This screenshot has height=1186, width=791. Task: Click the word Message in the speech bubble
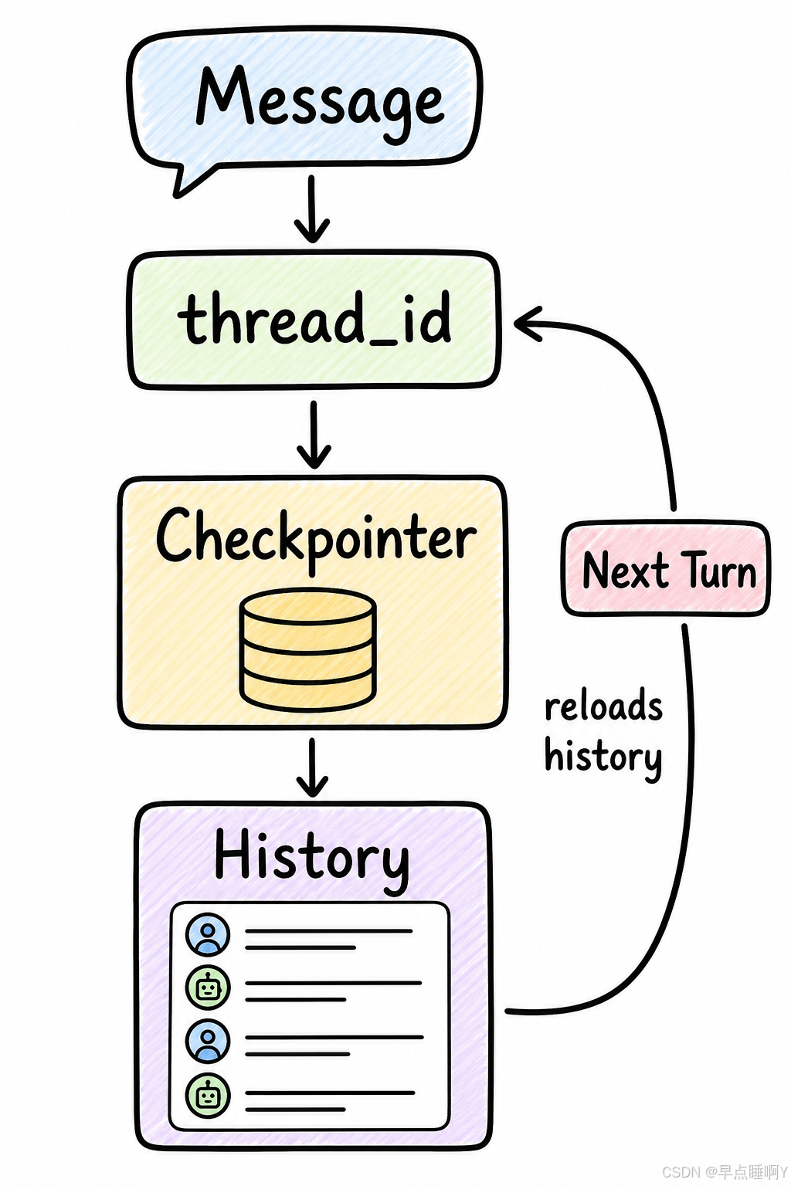click(320, 100)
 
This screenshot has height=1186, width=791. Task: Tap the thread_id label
click(314, 317)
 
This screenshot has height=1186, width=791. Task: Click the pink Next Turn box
click(665, 568)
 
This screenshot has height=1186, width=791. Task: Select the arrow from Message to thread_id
click(312, 208)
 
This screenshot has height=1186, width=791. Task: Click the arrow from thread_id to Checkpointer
click(314, 434)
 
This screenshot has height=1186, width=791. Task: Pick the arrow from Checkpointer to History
click(312, 768)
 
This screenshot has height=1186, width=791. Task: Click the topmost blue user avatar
click(208, 935)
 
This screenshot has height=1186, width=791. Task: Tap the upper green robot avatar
click(208, 988)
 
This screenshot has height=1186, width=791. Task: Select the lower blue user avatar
click(208, 1041)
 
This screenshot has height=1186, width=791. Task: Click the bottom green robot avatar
click(208, 1095)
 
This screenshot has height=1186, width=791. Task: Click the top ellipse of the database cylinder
click(307, 609)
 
